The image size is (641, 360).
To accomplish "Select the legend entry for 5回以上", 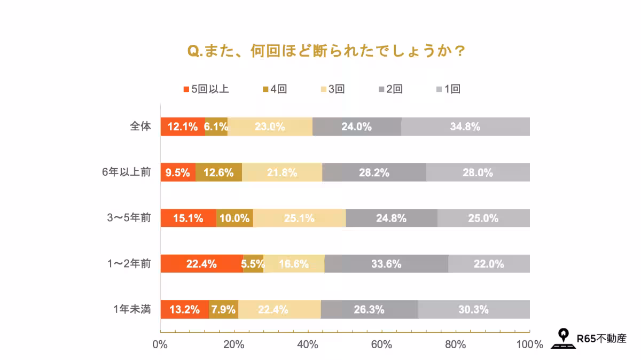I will (x=206, y=89).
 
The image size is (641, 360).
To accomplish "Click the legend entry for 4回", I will (x=275, y=89).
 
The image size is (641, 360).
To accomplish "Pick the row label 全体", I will (x=140, y=127).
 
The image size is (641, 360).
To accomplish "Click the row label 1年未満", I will (x=132, y=309).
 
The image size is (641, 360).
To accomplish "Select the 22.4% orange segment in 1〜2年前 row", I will (x=201, y=264).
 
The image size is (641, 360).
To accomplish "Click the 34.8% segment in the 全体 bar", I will (x=465, y=127).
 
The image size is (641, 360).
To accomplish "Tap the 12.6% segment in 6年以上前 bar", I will (x=218, y=173).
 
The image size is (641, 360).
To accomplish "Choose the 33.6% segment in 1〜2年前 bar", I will (x=386, y=264).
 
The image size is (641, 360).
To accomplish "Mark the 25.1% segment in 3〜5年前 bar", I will (x=299, y=218).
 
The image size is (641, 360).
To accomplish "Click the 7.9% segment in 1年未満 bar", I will (x=223, y=309).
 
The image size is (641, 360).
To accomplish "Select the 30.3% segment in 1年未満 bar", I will (x=473, y=309).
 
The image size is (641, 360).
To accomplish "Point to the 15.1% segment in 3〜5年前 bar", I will (x=188, y=218).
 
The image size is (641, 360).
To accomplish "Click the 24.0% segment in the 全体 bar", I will (x=356, y=127).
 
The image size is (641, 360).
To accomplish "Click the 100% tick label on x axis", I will (x=530, y=345).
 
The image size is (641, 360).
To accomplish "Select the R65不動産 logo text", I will (x=601, y=338).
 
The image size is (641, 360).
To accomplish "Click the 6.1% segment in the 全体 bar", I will (x=216, y=127).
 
